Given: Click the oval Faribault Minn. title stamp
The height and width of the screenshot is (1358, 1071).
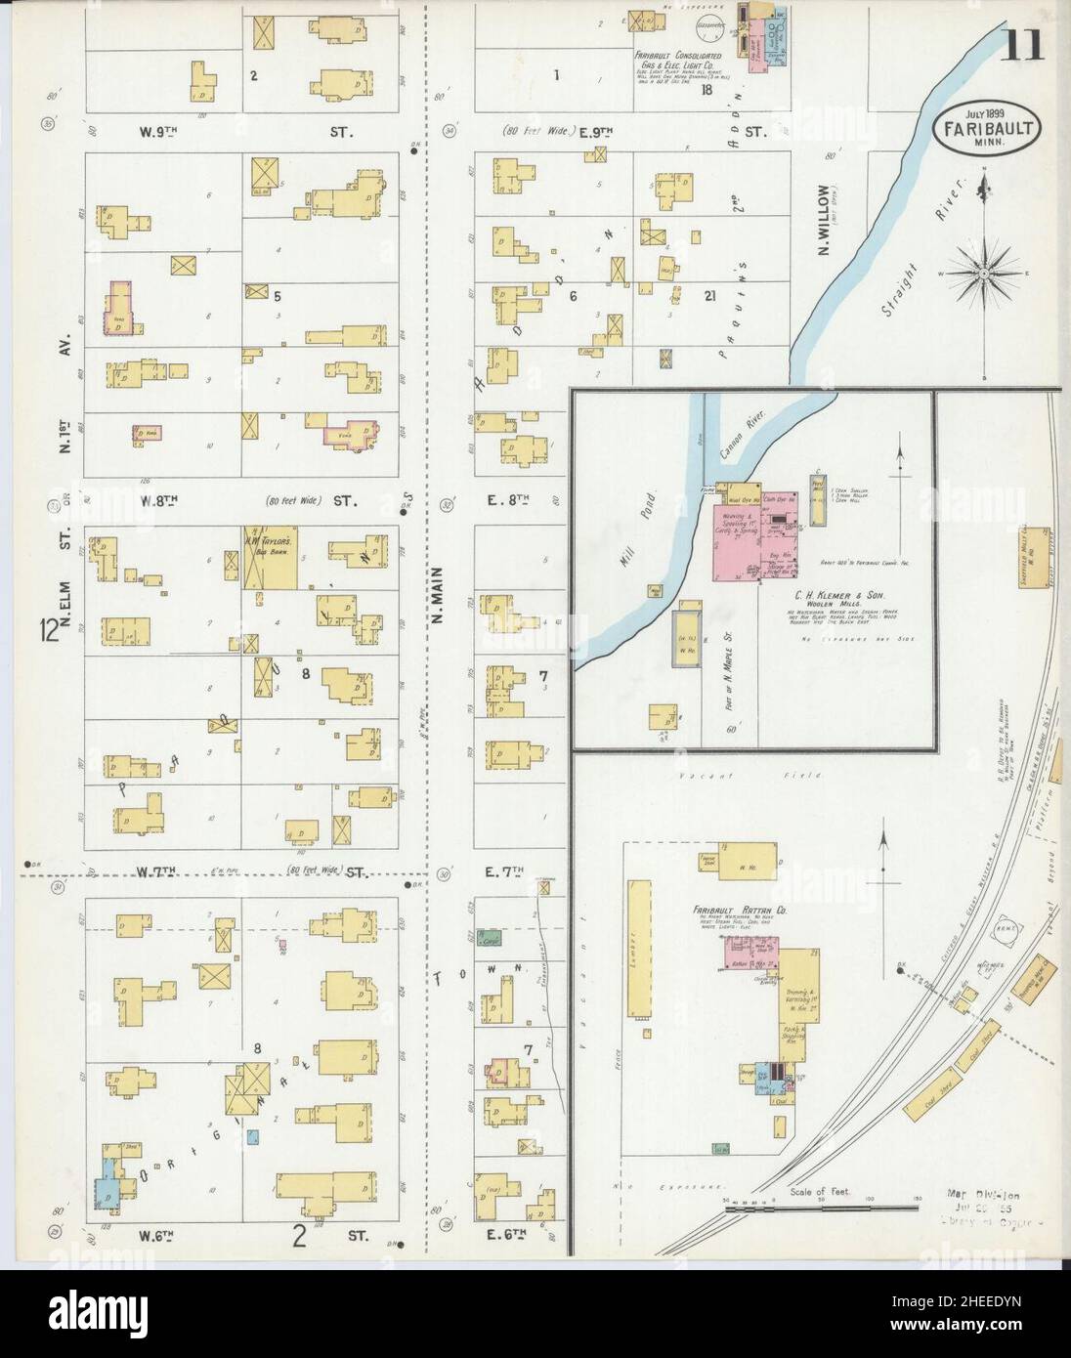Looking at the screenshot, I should pyautogui.click(x=990, y=127).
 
